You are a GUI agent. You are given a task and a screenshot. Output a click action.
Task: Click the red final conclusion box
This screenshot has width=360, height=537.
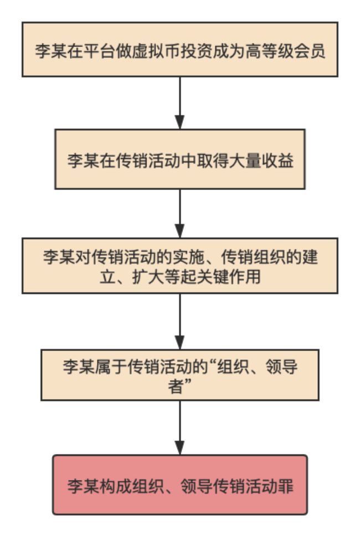coord(180,485)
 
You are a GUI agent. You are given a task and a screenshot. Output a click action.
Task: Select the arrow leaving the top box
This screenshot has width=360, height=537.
coord(180,102)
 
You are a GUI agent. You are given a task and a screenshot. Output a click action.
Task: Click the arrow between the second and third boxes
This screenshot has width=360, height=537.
coord(180,213)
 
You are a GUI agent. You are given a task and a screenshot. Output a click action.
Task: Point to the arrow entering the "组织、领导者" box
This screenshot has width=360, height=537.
coord(180,321)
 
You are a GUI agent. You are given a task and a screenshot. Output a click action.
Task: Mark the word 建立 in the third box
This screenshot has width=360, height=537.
coord(318,258)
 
